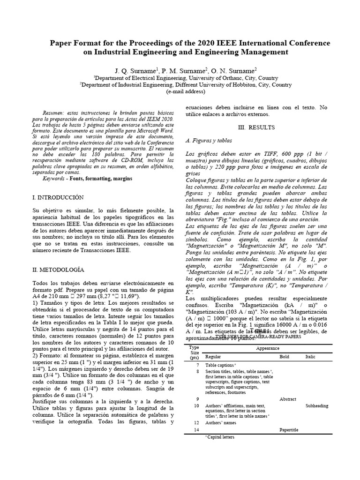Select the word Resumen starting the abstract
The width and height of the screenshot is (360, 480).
point(53,114)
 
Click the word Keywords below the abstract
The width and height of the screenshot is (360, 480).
point(53,179)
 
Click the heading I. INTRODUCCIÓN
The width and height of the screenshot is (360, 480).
point(58,198)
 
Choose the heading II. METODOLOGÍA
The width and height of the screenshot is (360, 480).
point(58,270)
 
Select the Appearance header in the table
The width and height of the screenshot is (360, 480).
point(268,349)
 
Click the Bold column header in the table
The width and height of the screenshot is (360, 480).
point(284,357)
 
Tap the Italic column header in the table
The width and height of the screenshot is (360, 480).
point(310,357)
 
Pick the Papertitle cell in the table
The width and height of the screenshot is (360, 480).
point(288,430)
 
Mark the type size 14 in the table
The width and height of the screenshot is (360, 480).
point(197,430)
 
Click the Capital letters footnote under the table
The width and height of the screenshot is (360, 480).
point(220,437)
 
